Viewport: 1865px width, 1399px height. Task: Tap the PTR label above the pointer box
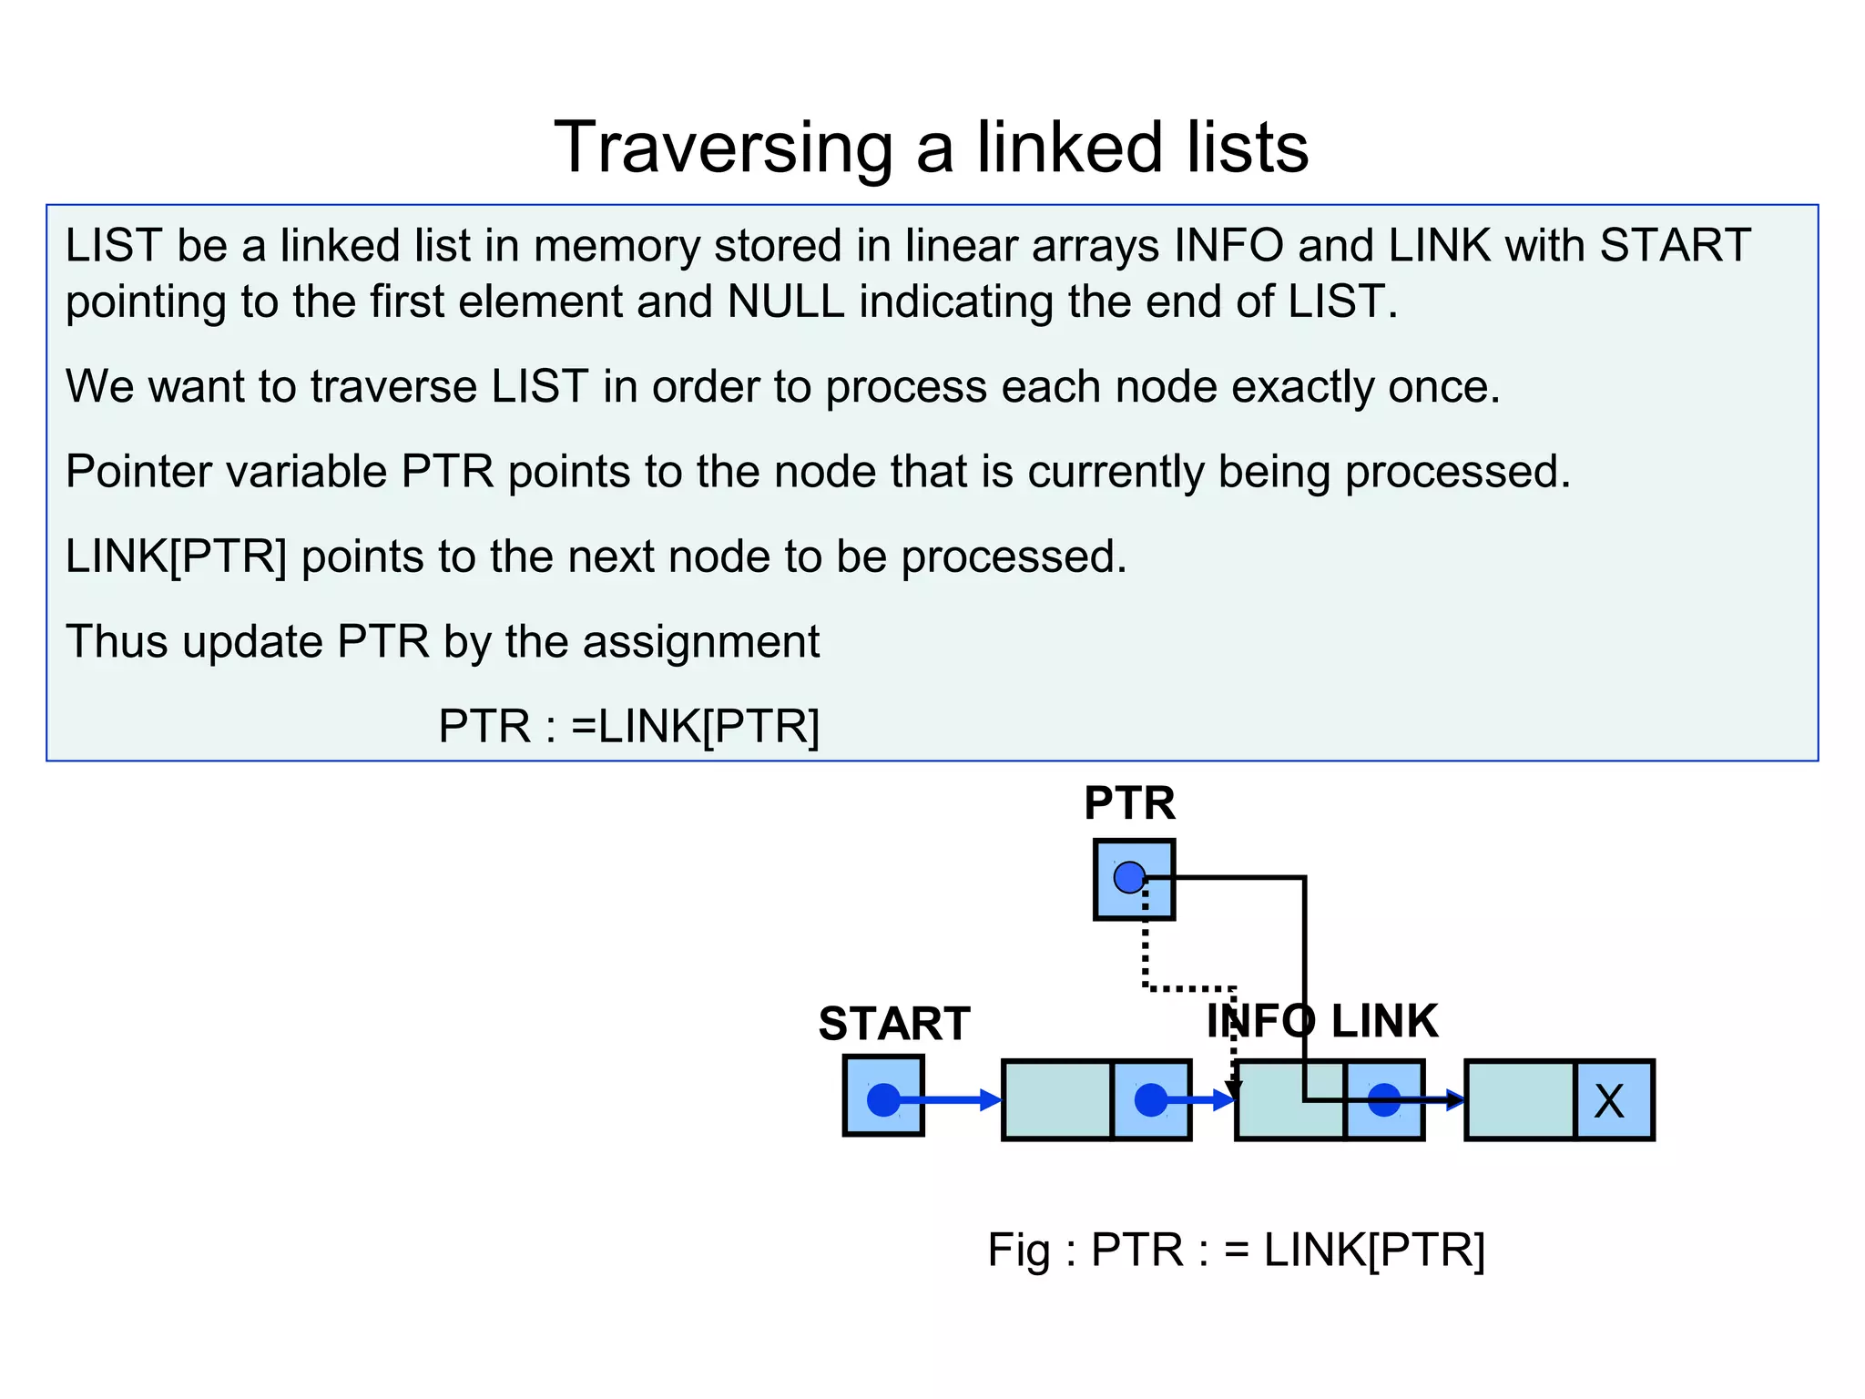pos(1129,803)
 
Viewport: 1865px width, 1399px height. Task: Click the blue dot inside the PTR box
pos(1129,878)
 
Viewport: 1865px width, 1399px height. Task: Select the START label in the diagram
pos(893,1024)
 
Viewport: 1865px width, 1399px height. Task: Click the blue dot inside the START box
pos(882,1099)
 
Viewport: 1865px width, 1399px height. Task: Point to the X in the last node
pos(1609,1101)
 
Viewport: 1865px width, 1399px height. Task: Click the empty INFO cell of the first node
pos(1056,1100)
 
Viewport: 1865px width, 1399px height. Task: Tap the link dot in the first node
pos(1150,1099)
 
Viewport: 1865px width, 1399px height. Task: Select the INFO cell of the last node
pos(1520,1100)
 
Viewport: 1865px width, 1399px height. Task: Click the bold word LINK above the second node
pos(1384,1021)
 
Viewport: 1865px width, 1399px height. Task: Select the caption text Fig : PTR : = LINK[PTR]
pos(1236,1250)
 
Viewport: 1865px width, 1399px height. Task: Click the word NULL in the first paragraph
pos(786,301)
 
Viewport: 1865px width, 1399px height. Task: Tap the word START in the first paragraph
pos(1674,246)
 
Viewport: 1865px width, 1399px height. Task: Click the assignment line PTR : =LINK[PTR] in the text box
pos(628,727)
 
